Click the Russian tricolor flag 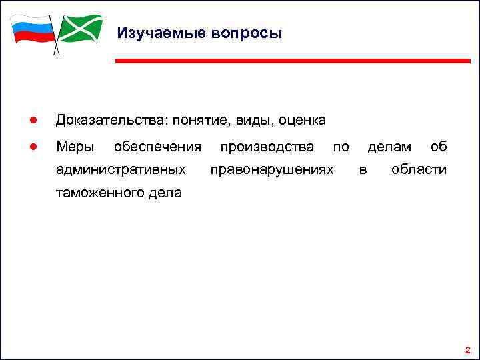32,29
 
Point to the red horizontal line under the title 293,61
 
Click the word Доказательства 111,120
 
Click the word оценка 302,121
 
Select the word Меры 75,146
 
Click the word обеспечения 157,146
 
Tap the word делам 389,146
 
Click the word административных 121,170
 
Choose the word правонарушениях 271,170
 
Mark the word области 419,170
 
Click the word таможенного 99,194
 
